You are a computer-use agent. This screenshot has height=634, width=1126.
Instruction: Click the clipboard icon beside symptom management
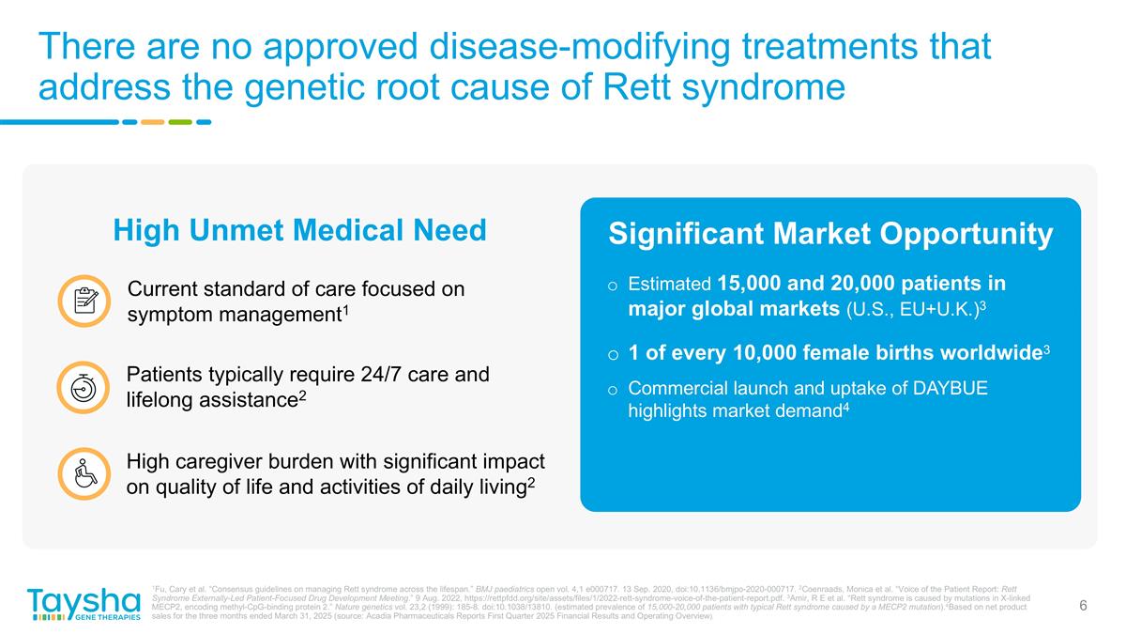(84, 301)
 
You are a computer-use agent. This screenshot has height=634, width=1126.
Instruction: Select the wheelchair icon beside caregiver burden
(84, 474)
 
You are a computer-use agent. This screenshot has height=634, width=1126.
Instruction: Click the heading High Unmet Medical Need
(299, 230)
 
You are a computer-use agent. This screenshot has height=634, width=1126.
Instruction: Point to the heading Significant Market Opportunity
(830, 235)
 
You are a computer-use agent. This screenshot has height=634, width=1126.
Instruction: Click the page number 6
(1083, 606)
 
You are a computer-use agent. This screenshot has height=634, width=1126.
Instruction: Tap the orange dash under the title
(152, 122)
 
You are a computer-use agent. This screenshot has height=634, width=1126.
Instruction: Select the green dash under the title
(180, 122)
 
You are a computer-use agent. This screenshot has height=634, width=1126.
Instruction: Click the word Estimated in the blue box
(669, 284)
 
